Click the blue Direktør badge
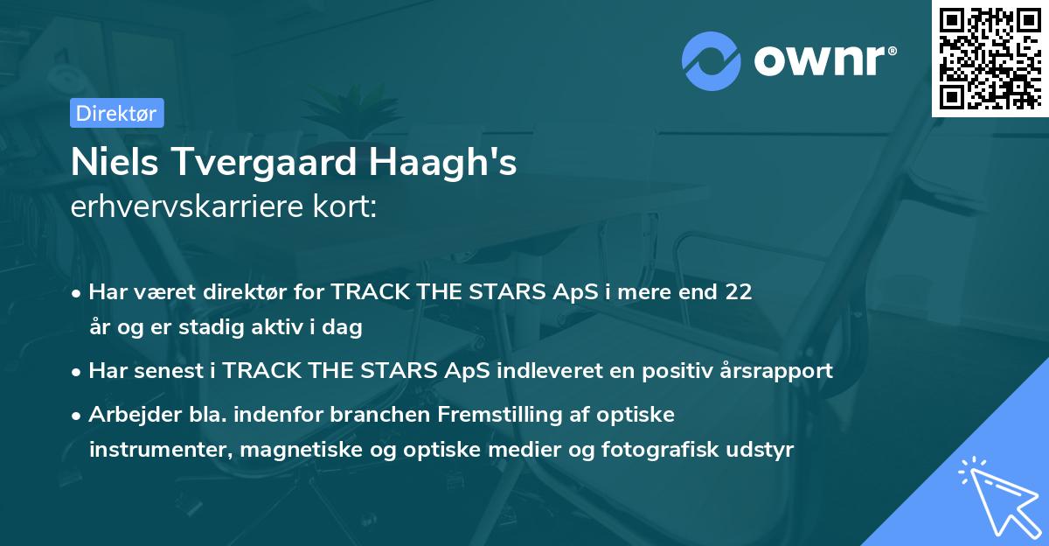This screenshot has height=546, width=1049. (x=117, y=113)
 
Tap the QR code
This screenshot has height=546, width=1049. (x=990, y=59)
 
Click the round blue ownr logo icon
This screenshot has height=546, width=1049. (x=712, y=61)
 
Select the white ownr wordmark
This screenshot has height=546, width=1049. (x=820, y=61)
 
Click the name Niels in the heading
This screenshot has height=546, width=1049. (x=115, y=162)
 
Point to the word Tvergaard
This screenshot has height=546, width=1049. (x=266, y=162)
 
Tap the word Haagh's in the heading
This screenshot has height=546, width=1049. (x=443, y=162)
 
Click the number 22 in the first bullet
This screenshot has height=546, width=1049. (x=739, y=291)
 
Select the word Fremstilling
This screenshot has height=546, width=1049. (x=500, y=415)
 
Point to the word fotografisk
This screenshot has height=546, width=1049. (x=660, y=450)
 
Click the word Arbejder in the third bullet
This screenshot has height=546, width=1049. (x=135, y=415)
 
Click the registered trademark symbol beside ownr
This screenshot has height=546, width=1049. (x=892, y=51)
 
